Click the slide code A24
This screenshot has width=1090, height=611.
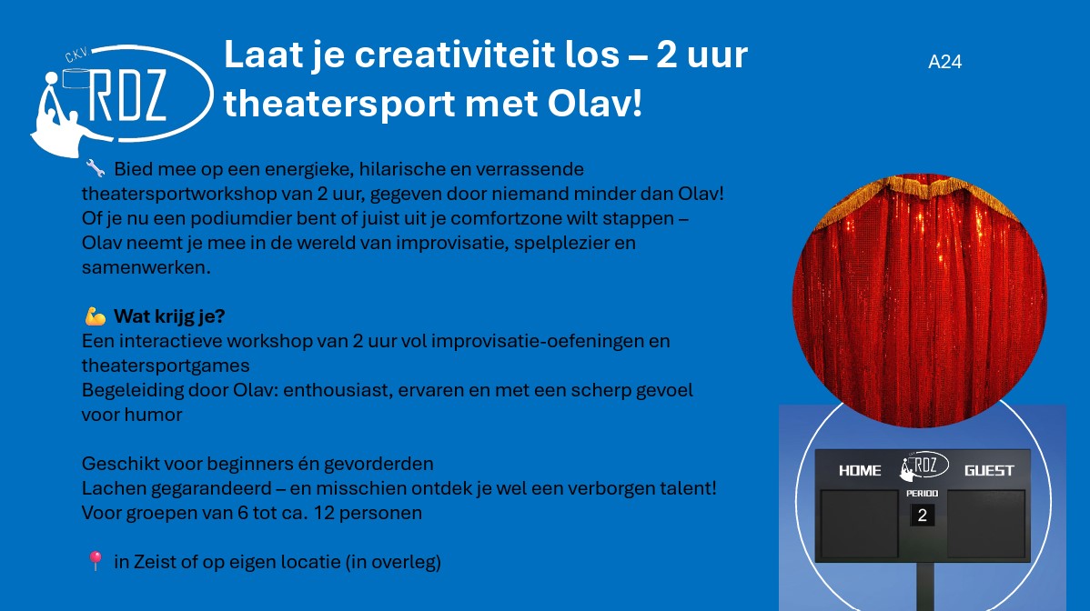[944, 62]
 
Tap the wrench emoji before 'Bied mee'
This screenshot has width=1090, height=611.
[96, 168]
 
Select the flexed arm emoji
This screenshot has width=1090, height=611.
[96, 316]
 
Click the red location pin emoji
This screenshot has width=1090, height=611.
[96, 560]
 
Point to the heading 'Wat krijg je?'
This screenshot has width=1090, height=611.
[169, 316]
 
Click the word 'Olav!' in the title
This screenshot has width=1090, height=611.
[594, 104]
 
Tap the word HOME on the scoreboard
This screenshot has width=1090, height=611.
[860, 471]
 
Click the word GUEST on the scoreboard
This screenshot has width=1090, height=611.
[988, 471]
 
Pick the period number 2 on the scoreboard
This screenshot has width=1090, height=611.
[923, 516]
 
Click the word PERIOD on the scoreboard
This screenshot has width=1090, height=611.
[923, 493]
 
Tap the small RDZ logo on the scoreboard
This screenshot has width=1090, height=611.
[923, 466]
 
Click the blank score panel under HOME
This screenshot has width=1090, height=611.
[859, 525]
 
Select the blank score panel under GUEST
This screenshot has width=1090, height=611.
[986, 525]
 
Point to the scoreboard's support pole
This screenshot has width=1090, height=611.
[924, 586]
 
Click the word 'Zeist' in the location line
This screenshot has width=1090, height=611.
[155, 561]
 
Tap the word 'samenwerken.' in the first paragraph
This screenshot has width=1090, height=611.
[146, 267]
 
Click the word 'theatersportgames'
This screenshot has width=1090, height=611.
[166, 366]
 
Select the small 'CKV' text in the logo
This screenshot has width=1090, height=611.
[76, 55]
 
